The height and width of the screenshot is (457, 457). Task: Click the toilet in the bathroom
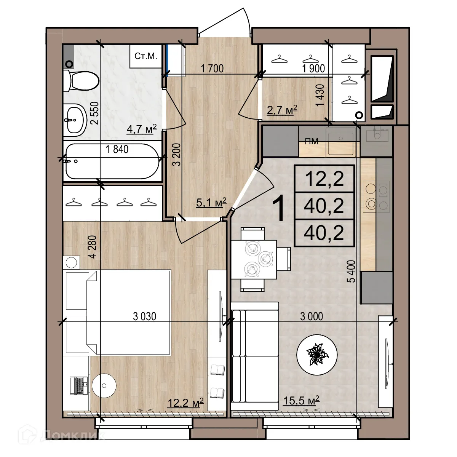[81, 80]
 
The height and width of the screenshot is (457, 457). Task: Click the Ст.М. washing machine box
[145, 56]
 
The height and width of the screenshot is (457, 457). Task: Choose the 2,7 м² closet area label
[282, 110]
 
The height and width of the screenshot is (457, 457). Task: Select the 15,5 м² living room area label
[301, 400]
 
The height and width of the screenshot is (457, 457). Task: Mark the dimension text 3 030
[145, 316]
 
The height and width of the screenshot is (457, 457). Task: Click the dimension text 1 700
[212, 69]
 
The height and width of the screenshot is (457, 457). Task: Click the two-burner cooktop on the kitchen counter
[376, 197]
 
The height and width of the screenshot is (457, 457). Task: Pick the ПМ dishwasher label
[312, 141]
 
